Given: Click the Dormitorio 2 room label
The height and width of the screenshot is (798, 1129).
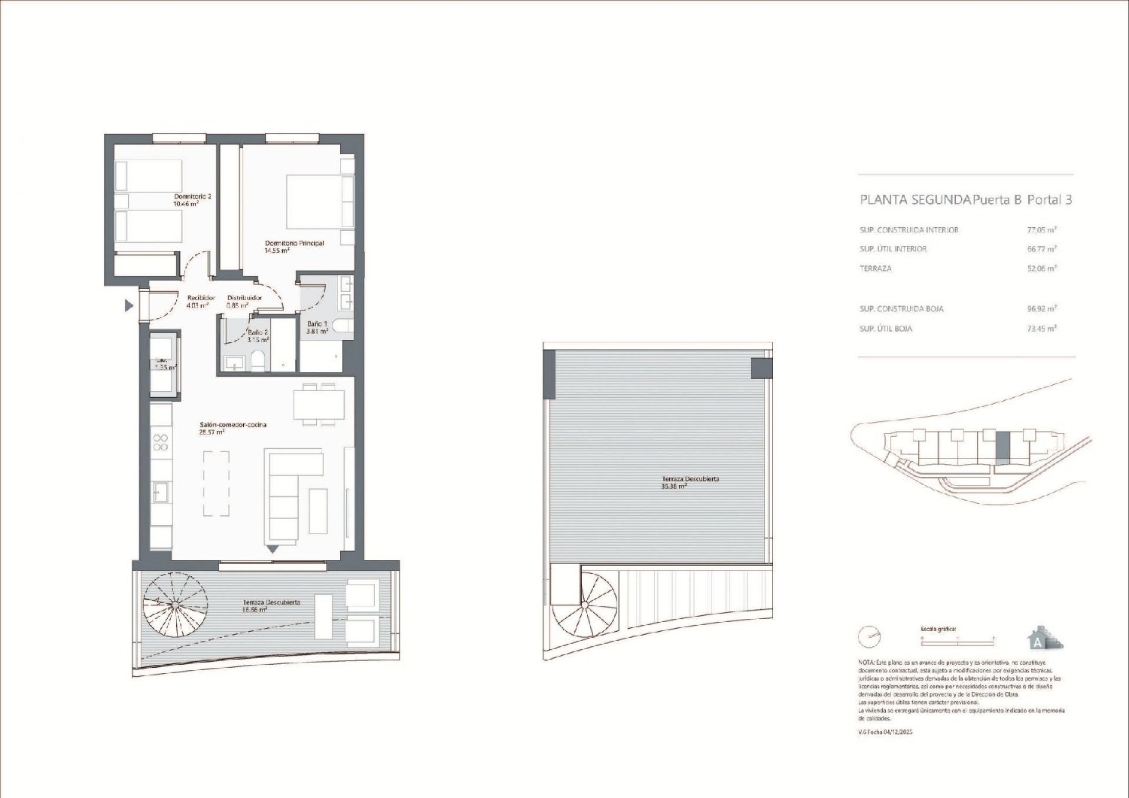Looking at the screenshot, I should (193, 197).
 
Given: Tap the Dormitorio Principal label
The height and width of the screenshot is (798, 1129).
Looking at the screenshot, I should (294, 244).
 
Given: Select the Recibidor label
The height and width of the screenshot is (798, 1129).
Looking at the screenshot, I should (201, 299).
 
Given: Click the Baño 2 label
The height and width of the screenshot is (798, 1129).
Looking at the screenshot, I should (257, 332).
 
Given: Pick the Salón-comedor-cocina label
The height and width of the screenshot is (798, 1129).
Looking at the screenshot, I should (233, 425).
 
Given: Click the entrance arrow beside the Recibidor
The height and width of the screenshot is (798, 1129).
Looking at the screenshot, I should (129, 305).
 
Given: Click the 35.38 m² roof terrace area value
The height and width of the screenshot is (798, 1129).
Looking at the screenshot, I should (674, 487).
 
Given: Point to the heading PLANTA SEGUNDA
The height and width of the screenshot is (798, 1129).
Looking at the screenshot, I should (915, 200).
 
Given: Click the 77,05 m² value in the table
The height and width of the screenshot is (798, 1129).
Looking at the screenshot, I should (1042, 230).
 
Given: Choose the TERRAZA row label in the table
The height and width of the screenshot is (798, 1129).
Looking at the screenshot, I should (875, 269).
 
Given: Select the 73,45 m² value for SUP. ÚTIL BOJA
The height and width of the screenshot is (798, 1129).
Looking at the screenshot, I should (1042, 329).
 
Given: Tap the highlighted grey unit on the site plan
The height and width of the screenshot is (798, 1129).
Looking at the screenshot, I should (1003, 448).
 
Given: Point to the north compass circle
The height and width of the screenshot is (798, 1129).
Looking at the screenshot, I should (869, 637).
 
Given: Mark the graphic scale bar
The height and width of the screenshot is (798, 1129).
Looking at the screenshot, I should (957, 639).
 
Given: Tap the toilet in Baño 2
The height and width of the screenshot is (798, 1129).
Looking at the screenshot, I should (258, 360).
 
